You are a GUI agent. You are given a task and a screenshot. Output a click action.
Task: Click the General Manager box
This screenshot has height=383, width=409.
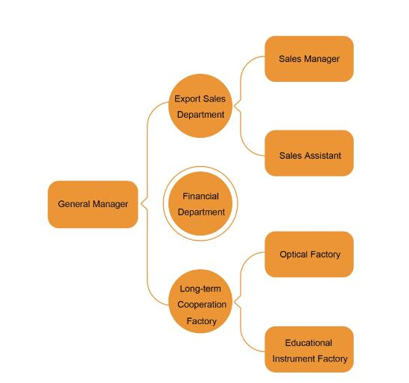click(92, 204)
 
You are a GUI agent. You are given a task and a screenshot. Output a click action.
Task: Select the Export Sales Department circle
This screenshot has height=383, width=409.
click(200, 106)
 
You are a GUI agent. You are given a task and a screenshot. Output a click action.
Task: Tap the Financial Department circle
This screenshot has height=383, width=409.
click(200, 203)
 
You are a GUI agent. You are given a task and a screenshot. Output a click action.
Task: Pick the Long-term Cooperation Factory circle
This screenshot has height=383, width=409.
click(200, 301)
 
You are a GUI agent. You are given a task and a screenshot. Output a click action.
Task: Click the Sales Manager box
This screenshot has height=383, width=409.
click(309, 59)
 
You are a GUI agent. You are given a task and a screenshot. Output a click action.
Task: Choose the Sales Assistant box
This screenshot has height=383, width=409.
click(309, 153)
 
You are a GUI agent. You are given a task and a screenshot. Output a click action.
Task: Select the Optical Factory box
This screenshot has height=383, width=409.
click(309, 254)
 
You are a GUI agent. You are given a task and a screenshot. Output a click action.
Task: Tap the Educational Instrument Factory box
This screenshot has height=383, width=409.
click(309, 349)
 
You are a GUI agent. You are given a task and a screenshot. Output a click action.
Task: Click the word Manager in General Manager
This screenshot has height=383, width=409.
click(110, 204)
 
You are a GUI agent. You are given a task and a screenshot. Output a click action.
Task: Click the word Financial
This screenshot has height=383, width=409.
click(200, 196)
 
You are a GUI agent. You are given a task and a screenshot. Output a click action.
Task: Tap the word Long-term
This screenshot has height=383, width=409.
click(200, 289)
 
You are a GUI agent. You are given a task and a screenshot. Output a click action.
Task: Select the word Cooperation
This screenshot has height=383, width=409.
click(202, 305)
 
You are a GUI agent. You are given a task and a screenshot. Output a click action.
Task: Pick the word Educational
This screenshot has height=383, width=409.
click(308, 343)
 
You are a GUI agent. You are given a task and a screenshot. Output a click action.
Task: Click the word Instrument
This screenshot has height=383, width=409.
click(292, 359)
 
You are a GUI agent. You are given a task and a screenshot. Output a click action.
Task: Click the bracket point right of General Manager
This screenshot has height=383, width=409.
click(141, 203)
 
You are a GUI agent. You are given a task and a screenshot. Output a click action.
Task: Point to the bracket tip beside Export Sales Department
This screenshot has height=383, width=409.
click(235, 106)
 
